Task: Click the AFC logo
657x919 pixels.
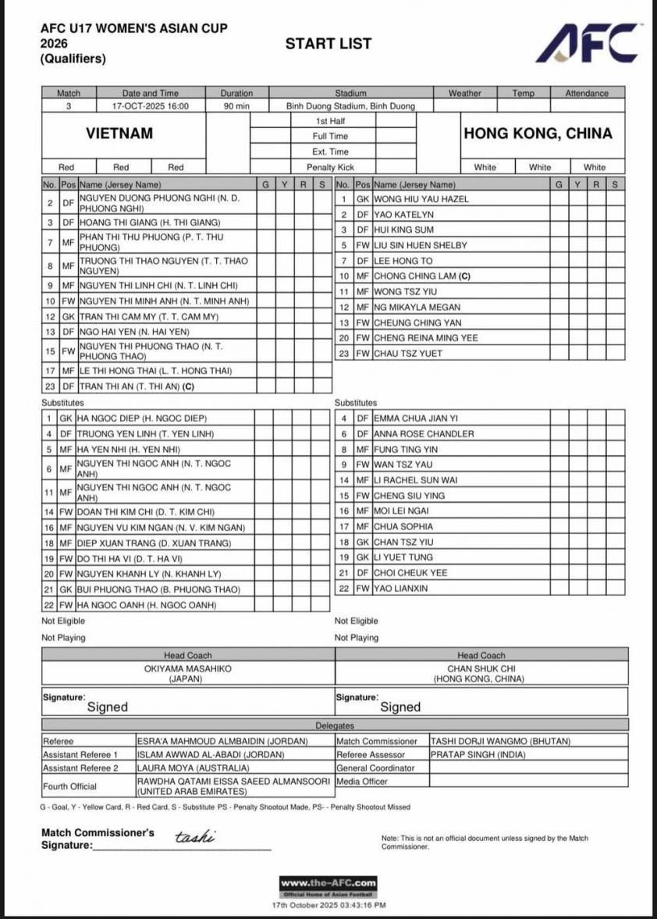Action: [588, 44]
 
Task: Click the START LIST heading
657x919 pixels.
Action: [328, 44]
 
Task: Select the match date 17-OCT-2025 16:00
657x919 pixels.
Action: [150, 106]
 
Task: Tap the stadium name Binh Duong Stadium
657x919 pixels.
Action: [340, 106]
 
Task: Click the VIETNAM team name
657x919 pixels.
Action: [119, 134]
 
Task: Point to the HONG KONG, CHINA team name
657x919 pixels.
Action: [538, 134]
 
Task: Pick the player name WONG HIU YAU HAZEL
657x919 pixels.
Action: [421, 199]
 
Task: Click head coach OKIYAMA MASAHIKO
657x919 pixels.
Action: [187, 669]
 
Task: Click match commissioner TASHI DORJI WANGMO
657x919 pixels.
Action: [500, 741]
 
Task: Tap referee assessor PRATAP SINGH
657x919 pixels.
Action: [478, 755]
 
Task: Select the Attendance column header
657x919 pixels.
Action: [586, 94]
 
